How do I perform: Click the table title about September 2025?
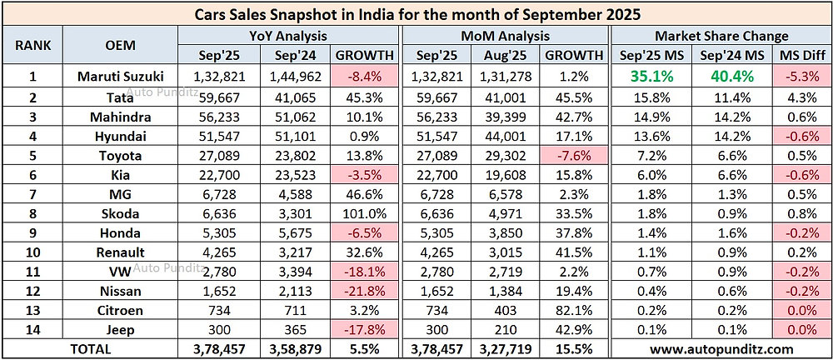(x=416, y=14)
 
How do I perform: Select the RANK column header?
(x=33, y=47)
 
